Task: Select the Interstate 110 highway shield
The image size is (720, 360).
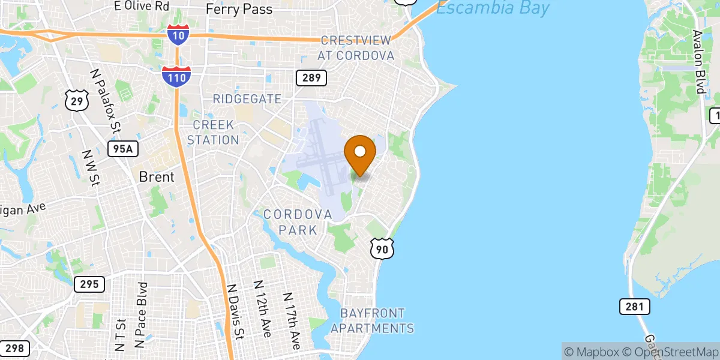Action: [x=176, y=76]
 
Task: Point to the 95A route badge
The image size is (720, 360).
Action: [x=121, y=149]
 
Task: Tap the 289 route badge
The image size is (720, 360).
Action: [x=311, y=77]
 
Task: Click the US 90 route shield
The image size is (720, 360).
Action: [x=382, y=248]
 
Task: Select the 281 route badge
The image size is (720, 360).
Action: [x=635, y=307]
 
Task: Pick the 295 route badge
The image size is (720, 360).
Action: [x=89, y=284]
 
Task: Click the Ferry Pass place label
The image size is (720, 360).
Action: [x=239, y=9]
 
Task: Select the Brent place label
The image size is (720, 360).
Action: [x=157, y=177]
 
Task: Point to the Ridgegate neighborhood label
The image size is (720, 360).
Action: [x=247, y=99]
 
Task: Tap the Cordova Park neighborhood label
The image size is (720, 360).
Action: [x=298, y=222]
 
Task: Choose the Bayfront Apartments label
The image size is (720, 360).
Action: [x=372, y=321]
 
